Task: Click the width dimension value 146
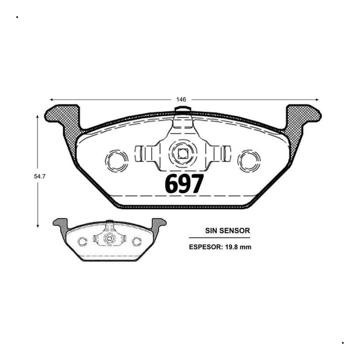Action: coord(181,99)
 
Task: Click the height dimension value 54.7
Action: coord(40,176)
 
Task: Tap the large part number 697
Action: coord(184,184)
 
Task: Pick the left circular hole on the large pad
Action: coord(117,161)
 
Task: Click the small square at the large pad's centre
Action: coord(183,153)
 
